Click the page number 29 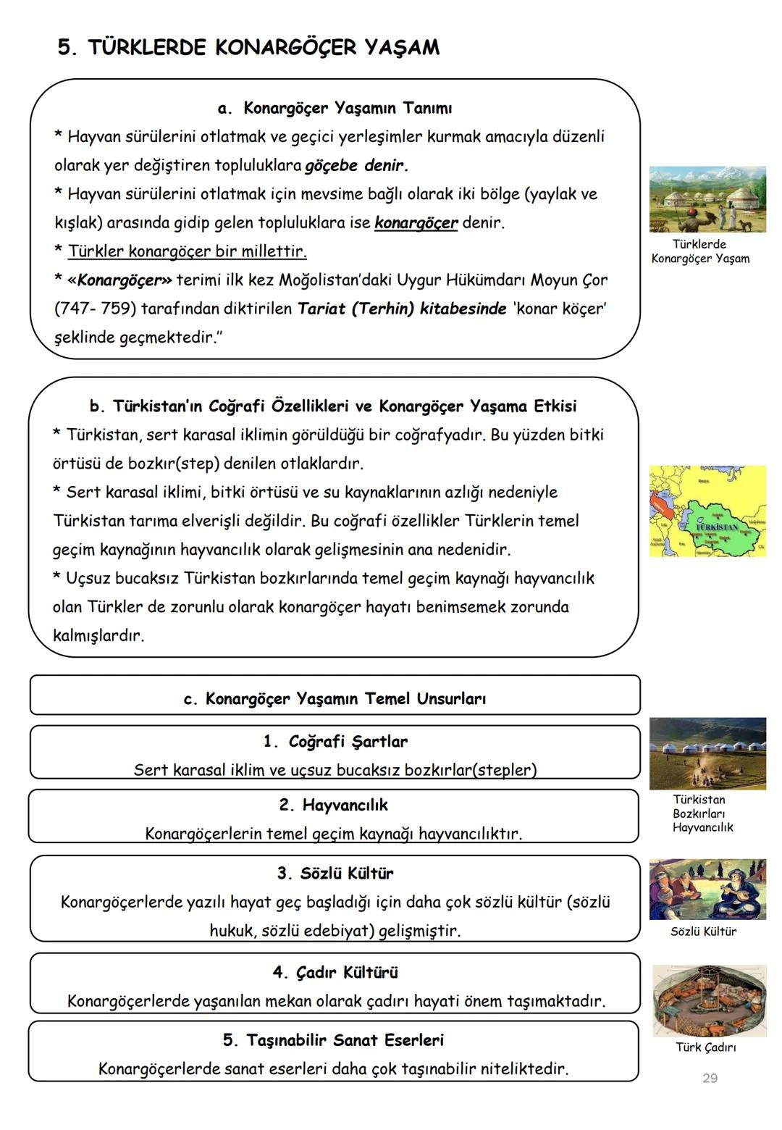pyautogui.click(x=710, y=1079)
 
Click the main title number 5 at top pyautogui.click(x=66, y=48)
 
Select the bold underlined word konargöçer pyautogui.click(x=416, y=222)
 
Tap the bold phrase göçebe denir pyautogui.click(x=356, y=165)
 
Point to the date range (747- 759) pyautogui.click(x=95, y=309)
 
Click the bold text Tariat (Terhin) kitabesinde pyautogui.click(x=402, y=309)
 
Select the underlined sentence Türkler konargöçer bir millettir pyautogui.click(x=187, y=251)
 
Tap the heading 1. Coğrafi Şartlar pyautogui.click(x=335, y=741)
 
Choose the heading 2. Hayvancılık pyautogui.click(x=334, y=805)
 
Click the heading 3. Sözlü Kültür pyautogui.click(x=335, y=873)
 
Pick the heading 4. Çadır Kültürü pyautogui.click(x=335, y=972)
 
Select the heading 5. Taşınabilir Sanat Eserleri pyautogui.click(x=333, y=1040)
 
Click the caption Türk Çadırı pyautogui.click(x=705, y=1047)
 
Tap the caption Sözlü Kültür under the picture pyautogui.click(x=703, y=932)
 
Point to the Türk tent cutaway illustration pyautogui.click(x=708, y=1000)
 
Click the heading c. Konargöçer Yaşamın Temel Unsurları pyautogui.click(x=335, y=699)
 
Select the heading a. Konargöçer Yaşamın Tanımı pyautogui.click(x=335, y=109)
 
